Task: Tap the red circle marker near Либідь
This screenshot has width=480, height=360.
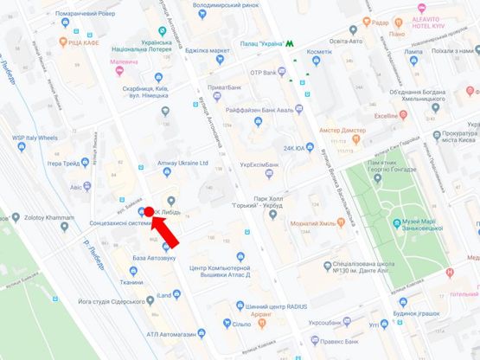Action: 149,211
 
